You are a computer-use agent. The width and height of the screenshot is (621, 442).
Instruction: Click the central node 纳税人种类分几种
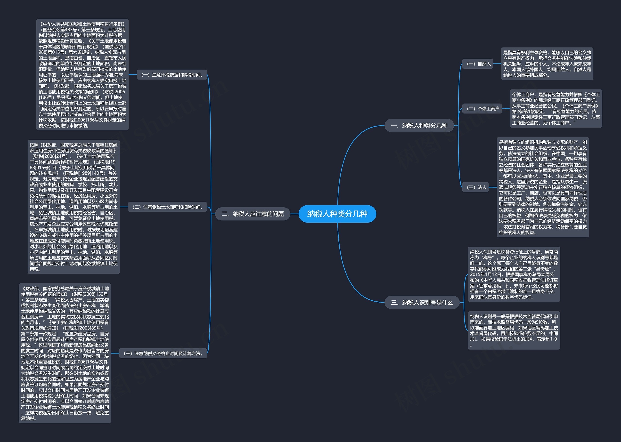(x=337, y=214)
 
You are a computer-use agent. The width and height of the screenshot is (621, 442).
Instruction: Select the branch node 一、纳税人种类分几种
(x=419, y=125)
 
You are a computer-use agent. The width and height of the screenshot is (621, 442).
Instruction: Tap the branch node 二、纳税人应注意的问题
(x=253, y=214)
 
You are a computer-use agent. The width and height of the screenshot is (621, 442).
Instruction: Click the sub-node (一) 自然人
(x=478, y=64)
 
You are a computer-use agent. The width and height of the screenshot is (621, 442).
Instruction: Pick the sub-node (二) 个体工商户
(x=482, y=109)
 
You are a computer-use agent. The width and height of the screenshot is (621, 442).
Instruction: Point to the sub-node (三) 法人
(x=475, y=187)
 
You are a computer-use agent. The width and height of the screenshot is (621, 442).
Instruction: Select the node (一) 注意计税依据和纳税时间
(x=172, y=75)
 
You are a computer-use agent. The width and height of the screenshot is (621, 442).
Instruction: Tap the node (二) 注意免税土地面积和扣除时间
(x=167, y=207)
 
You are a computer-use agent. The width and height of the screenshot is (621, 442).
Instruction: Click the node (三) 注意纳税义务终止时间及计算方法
(x=163, y=353)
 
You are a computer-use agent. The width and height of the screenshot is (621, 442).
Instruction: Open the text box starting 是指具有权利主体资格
(x=547, y=64)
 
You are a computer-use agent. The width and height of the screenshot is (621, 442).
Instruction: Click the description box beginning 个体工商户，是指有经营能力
(x=556, y=109)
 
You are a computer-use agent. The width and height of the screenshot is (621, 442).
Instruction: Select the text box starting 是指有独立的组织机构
(x=543, y=187)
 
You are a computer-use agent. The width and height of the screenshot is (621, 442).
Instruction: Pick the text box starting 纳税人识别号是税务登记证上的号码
(x=514, y=274)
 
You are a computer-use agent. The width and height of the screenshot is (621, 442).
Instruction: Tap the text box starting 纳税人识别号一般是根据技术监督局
(x=514, y=330)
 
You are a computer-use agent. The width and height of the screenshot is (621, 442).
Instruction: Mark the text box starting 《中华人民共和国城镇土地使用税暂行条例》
(x=82, y=75)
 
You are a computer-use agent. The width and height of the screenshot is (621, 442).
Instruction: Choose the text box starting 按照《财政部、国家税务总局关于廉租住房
(x=74, y=207)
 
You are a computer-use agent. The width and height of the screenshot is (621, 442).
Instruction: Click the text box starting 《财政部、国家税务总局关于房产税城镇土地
(x=65, y=353)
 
